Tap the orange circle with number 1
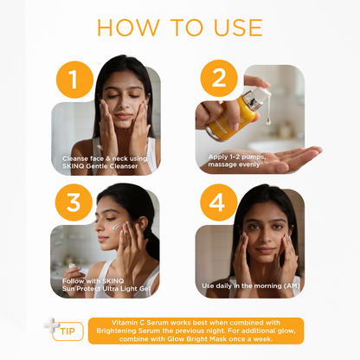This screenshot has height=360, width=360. [74, 82]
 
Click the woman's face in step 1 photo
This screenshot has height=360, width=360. [124, 102]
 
